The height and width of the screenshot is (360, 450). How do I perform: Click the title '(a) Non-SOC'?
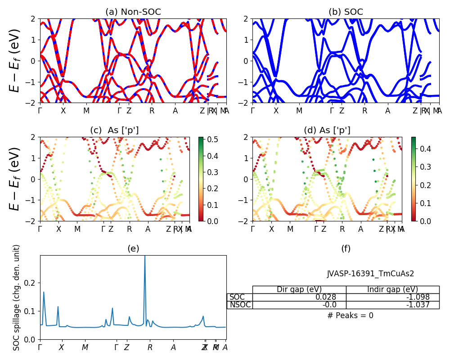[x=133, y=12]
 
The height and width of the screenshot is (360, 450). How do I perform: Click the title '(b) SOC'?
[x=346, y=12]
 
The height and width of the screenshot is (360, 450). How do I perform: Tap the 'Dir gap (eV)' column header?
[x=299, y=289]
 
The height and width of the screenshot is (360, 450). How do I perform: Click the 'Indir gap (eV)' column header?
[x=392, y=289]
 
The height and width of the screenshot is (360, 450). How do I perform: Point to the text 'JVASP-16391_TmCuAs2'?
[x=370, y=274]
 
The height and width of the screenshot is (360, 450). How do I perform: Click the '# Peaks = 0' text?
[x=350, y=315]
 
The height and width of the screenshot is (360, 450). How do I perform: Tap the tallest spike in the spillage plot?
[x=144, y=257]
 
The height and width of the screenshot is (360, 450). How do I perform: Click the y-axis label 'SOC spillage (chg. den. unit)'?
[x=17, y=297]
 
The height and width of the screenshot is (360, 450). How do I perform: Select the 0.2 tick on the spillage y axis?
[x=32, y=283]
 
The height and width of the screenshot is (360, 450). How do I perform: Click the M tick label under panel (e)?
[x=85, y=347]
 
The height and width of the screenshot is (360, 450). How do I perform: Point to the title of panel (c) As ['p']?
[x=114, y=130]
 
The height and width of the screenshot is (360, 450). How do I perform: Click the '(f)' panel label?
[x=346, y=249]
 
